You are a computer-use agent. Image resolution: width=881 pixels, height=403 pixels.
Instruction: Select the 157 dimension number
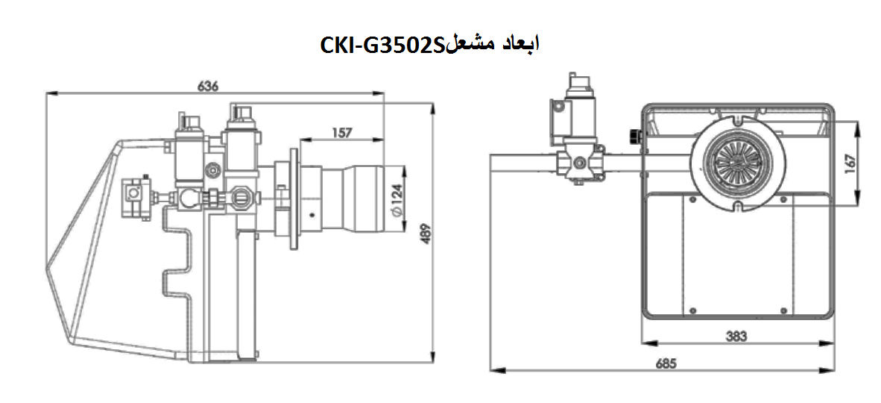[341, 133]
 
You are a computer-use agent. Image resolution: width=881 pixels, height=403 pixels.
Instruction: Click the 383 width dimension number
[736, 336]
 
